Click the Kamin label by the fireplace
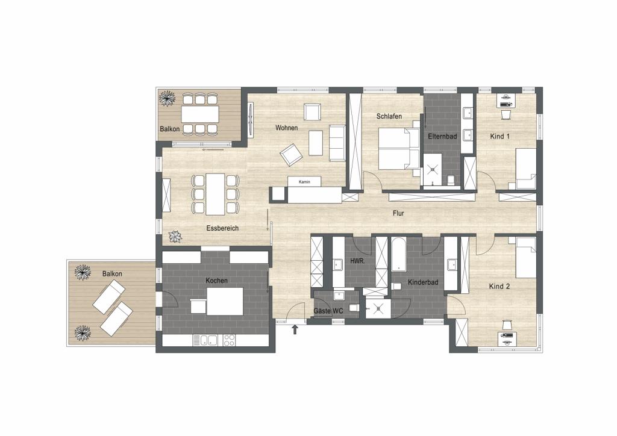[x=304, y=182]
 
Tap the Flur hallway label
[x=398, y=213]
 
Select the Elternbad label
[x=443, y=137]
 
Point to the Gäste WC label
[x=328, y=311]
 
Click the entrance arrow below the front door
[x=295, y=329]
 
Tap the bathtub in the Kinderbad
[x=399, y=254]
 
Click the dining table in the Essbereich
[x=215, y=195]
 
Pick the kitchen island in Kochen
[x=225, y=302]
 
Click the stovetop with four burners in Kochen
[x=230, y=340]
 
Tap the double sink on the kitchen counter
[x=208, y=340]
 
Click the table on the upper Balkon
[x=200, y=114]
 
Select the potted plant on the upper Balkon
[x=167, y=98]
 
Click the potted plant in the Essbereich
[x=174, y=236]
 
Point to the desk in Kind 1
[x=506, y=100]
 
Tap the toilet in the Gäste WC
[x=354, y=308]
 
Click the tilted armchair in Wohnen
[x=291, y=154]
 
